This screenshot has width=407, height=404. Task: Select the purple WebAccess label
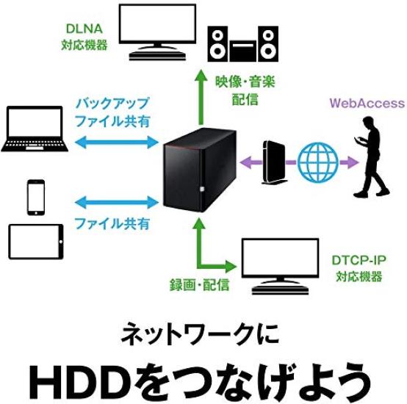[x=367, y=103]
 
